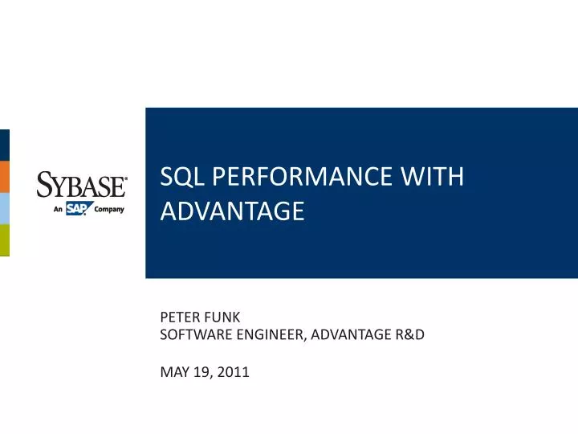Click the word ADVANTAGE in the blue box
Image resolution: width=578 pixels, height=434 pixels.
click(x=233, y=211)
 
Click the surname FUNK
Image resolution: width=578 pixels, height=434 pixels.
click(x=224, y=317)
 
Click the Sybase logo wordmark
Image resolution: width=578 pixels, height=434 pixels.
click(x=81, y=186)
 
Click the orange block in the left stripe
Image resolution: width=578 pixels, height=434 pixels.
click(x=4, y=177)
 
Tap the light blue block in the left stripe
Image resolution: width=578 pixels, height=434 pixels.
click(x=4, y=208)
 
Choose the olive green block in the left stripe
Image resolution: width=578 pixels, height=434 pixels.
click(x=4, y=240)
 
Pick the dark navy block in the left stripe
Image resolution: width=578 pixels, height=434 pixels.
click(x=4, y=145)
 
